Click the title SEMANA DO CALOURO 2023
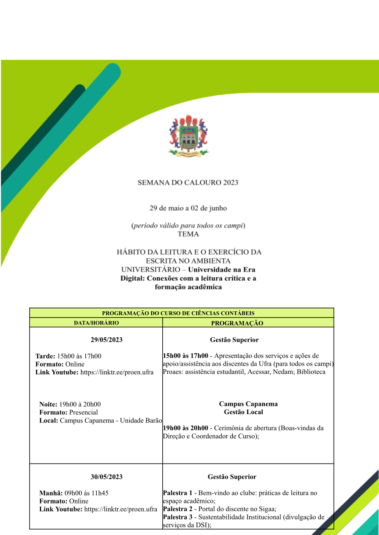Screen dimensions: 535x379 pos(188,183)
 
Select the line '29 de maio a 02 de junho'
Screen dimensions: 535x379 pos(188,208)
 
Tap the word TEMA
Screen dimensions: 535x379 pos(188,234)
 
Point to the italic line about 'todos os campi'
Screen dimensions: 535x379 pos(188,225)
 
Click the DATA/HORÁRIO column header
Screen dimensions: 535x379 pos(96,323)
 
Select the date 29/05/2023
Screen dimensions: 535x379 pos(106,340)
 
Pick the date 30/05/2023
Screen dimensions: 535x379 pos(106,477)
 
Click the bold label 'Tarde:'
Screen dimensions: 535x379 pos(45,356)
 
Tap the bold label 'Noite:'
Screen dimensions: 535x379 pos(49,404)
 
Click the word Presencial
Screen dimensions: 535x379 pos(83,412)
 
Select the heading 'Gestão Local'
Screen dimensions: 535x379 pos(243,412)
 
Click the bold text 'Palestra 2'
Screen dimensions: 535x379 pos(177,509)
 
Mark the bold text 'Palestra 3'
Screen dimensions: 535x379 pos(177,517)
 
